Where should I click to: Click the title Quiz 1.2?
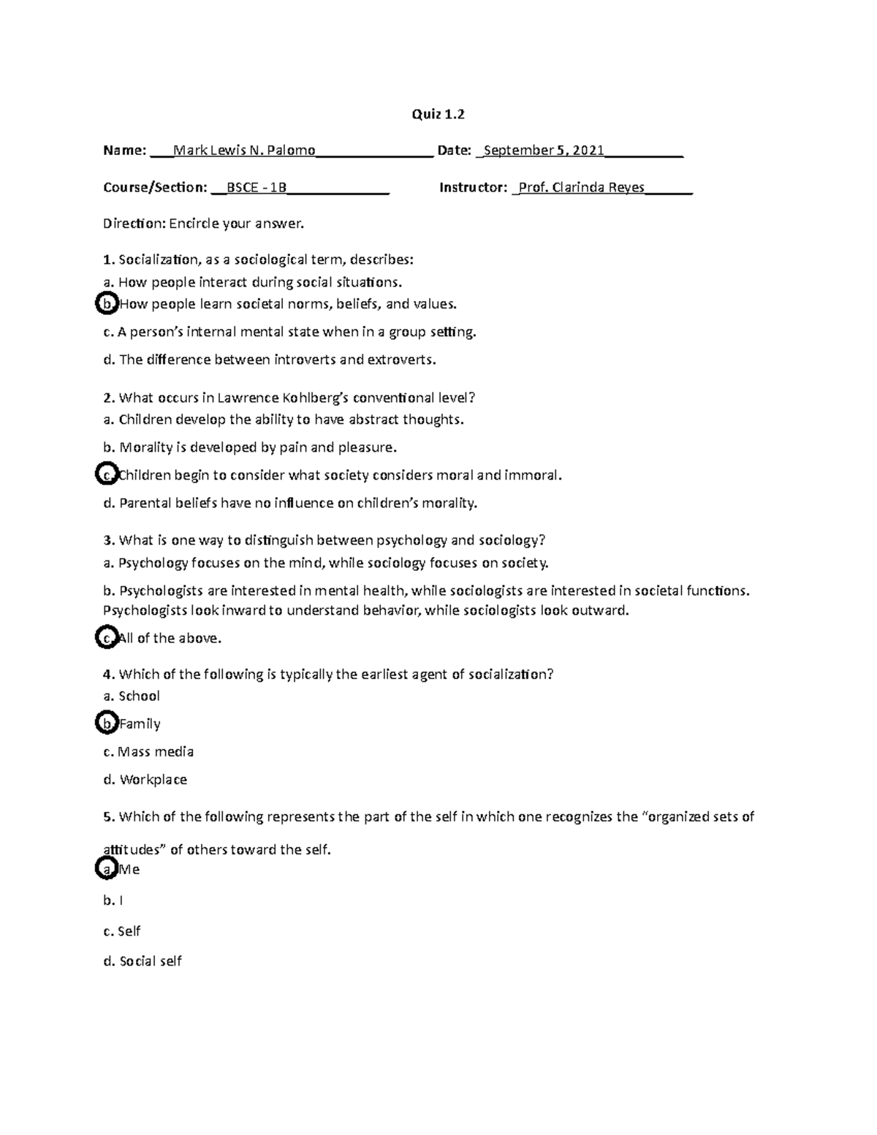[438, 114]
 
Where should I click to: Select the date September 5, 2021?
[544, 151]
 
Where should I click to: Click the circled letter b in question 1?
[107, 304]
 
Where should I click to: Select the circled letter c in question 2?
[107, 475]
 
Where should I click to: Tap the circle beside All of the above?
[107, 638]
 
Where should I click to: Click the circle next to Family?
[107, 724]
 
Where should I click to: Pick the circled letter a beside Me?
[107, 869]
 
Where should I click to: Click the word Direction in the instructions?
[134, 224]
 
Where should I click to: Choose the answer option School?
[139, 696]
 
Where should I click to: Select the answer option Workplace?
[153, 780]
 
